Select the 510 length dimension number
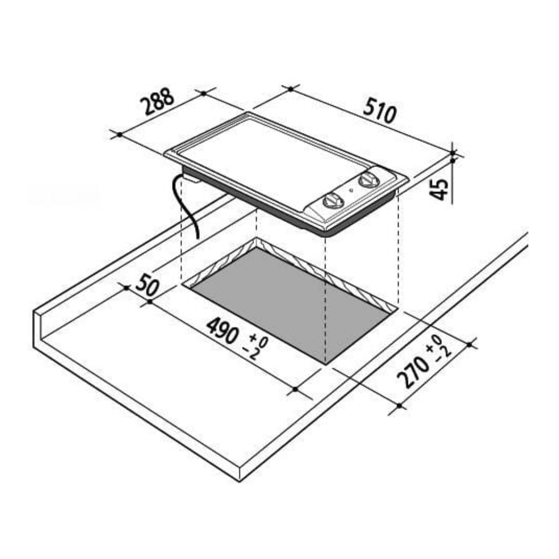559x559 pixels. pos(379,110)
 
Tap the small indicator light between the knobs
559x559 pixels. pos(351,190)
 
